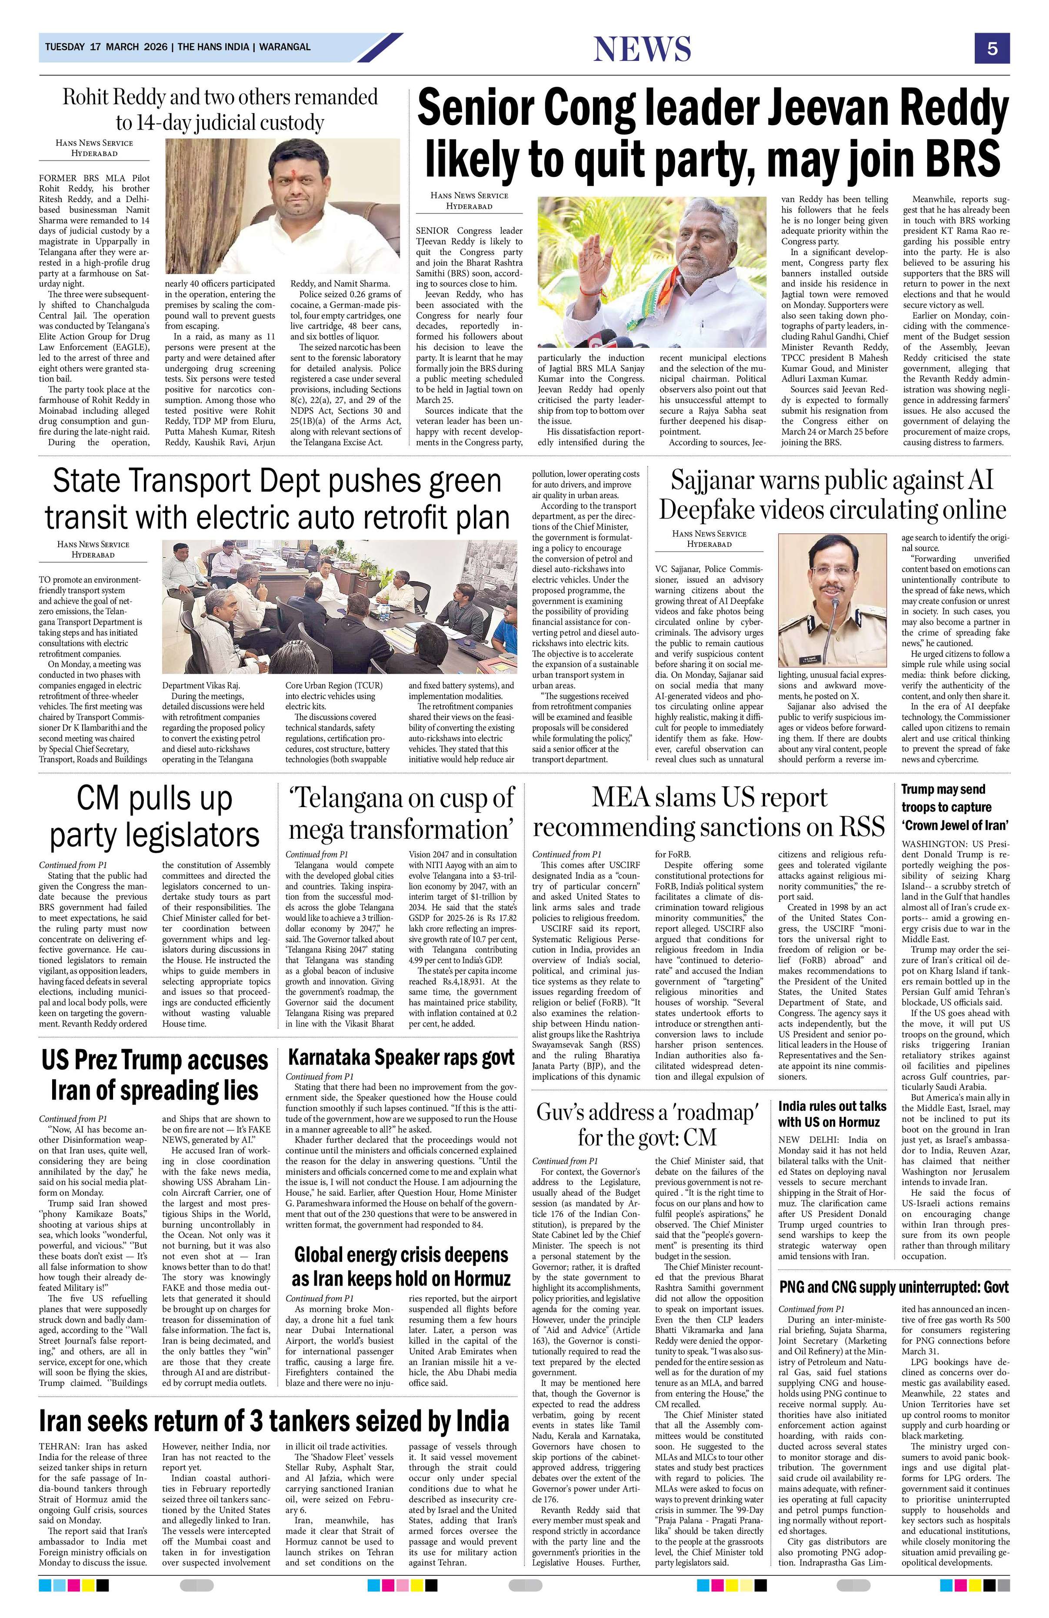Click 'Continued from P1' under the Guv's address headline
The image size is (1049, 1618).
(566, 1160)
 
